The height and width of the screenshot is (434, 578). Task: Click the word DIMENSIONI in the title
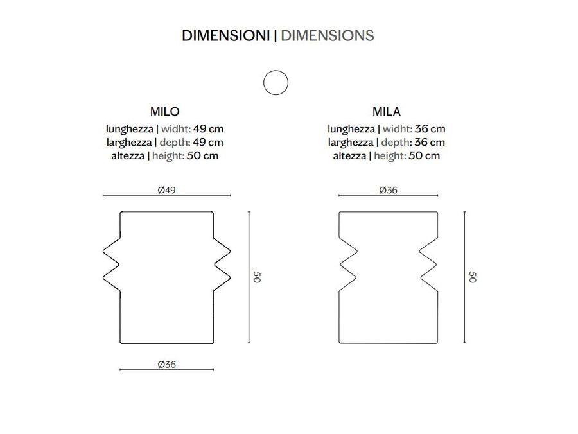click(x=225, y=36)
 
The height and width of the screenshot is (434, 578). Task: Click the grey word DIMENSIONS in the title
click(x=328, y=36)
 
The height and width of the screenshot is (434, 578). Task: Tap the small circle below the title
click(x=276, y=83)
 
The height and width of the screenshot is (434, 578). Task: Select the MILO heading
click(x=165, y=111)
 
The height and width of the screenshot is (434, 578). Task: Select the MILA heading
click(x=387, y=111)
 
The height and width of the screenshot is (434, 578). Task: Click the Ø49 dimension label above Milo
click(x=166, y=190)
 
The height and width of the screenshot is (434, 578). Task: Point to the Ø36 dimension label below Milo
click(x=166, y=365)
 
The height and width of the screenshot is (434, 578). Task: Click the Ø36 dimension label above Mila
click(x=388, y=190)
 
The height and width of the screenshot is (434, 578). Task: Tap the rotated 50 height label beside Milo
click(x=257, y=277)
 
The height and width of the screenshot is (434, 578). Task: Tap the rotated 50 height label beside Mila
click(x=472, y=277)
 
